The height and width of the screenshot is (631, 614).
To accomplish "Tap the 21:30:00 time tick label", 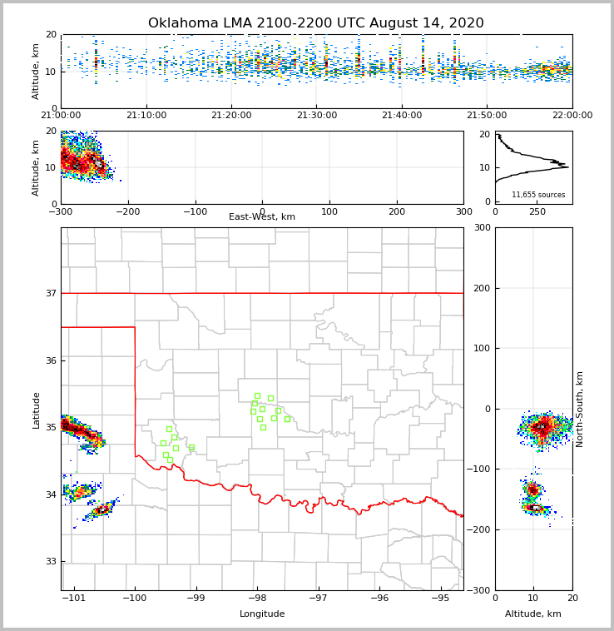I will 316,116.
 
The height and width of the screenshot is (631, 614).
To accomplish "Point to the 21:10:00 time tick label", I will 146,116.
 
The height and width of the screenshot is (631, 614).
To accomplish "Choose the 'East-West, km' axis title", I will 262,217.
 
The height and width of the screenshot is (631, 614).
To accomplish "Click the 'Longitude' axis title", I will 262,614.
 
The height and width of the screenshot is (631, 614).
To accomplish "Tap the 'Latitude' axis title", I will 36,410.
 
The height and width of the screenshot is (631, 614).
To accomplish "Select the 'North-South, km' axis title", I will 580,409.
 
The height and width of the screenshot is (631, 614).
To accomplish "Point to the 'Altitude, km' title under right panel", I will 533,614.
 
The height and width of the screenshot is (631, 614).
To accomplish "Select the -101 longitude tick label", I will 74,599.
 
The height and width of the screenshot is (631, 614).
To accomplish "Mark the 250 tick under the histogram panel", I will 537,211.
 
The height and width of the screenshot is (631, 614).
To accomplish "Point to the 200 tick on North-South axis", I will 481,288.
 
